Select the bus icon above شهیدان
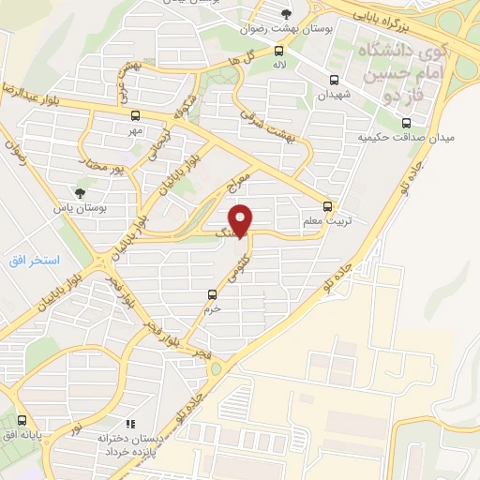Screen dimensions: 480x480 point(335,80)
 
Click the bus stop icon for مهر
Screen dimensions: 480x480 point(136,116)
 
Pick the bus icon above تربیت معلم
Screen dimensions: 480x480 point(327,205)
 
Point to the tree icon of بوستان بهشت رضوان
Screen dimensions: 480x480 point(287,13)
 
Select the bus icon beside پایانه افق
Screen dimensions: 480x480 point(22,421)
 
